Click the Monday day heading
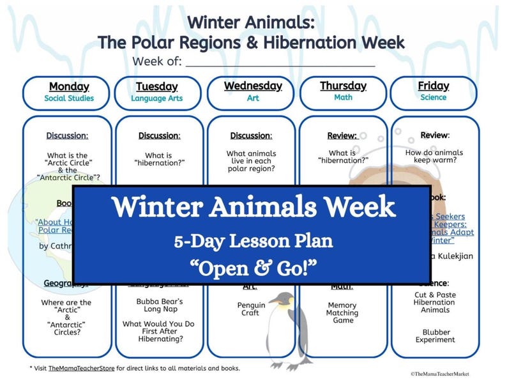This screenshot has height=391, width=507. pyautogui.click(x=68, y=86)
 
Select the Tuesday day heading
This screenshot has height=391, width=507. pyautogui.click(x=156, y=86)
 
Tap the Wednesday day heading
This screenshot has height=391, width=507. pyautogui.click(x=253, y=86)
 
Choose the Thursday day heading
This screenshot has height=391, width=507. pyautogui.click(x=343, y=86)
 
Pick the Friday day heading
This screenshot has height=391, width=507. pyautogui.click(x=434, y=86)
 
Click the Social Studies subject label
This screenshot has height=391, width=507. pyautogui.click(x=68, y=98)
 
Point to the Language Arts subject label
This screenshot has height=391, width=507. pyautogui.click(x=156, y=98)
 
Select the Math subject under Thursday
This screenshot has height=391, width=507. pyautogui.click(x=343, y=98)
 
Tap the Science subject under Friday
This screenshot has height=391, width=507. pyautogui.click(x=434, y=98)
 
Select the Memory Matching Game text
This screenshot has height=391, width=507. pyautogui.click(x=343, y=313)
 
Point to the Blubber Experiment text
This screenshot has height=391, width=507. pyautogui.click(x=435, y=336)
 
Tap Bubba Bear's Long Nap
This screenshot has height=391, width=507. pyautogui.click(x=159, y=305)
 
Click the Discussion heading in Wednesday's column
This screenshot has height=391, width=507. pyautogui.click(x=251, y=136)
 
